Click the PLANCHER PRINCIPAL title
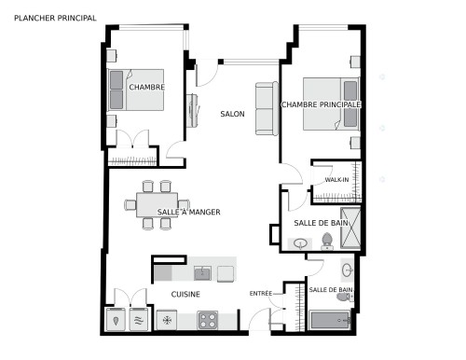pyautogui.click(x=55, y=18)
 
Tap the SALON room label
pyautogui.click(x=232, y=114)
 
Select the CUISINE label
pyautogui.click(x=185, y=294)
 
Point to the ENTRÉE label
pyautogui.click(x=261, y=293)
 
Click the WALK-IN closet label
pyautogui.click(x=336, y=180)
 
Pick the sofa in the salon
pyautogui.click(x=267, y=108)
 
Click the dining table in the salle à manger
pyautogui.click(x=158, y=205)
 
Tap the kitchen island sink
pyautogui.click(x=202, y=273)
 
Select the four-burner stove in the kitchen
pyautogui.click(x=208, y=321)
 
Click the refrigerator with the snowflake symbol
pyautogui.click(x=167, y=320)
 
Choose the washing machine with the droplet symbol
pyautogui.click(x=116, y=320)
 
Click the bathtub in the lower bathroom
pyautogui.click(x=330, y=320)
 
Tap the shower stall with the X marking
pyautogui.click(x=350, y=228)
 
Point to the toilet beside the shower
pyautogui.click(x=327, y=242)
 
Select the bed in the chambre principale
pyautogui.click(x=331, y=104)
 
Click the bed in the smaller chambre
pyautogui.click(x=135, y=90)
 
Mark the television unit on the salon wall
pyautogui.click(x=193, y=110)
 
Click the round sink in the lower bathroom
pyautogui.click(x=347, y=270)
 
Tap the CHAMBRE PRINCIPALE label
pyautogui.click(x=321, y=104)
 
